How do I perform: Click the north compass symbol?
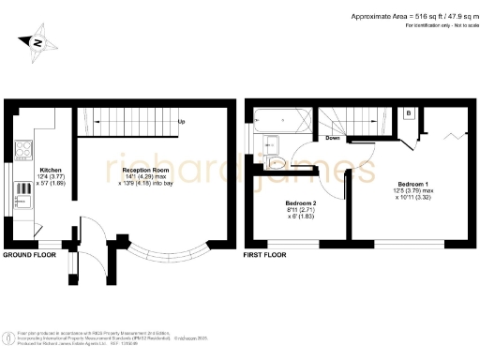(x=36, y=41)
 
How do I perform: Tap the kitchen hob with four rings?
(x=22, y=150)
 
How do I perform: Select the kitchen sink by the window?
(x=20, y=194)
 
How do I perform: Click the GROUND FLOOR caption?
(x=29, y=255)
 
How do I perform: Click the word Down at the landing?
(x=331, y=138)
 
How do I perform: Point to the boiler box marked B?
(x=409, y=113)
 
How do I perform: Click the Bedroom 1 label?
(x=412, y=182)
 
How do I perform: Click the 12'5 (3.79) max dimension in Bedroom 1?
(x=413, y=190)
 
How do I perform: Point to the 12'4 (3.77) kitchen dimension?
(x=50, y=178)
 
